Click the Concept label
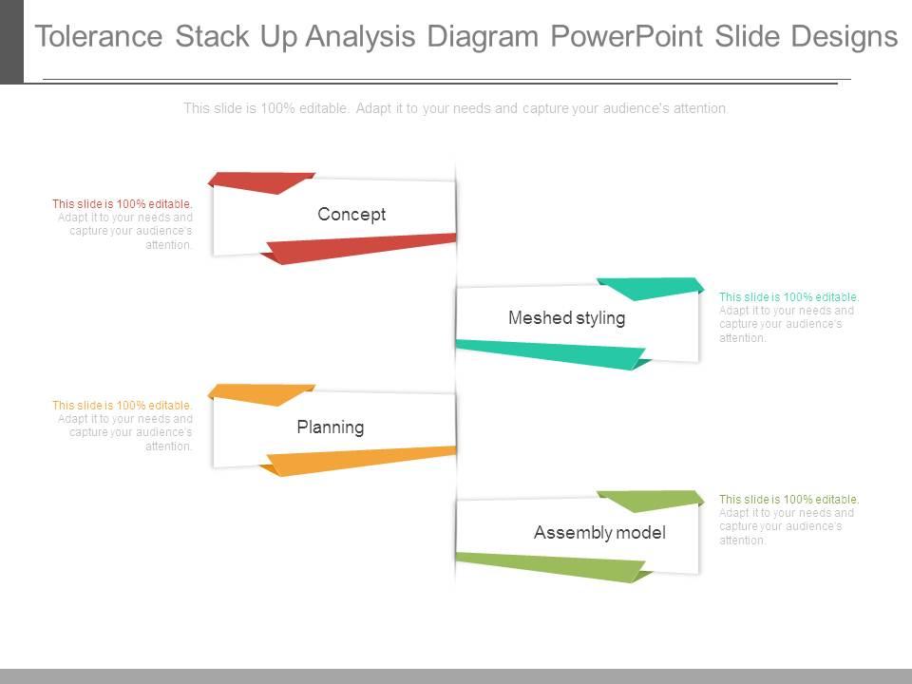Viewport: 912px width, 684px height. pyautogui.click(x=351, y=215)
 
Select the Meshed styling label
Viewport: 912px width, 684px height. pyautogui.click(x=566, y=318)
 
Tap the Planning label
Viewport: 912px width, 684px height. pyautogui.click(x=330, y=427)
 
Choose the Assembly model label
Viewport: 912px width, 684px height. pyautogui.click(x=599, y=533)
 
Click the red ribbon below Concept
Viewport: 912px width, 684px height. pyautogui.click(x=361, y=247)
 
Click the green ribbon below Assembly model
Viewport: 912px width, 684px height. pyautogui.click(x=551, y=567)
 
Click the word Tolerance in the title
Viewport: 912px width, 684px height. pyautogui.click(x=99, y=36)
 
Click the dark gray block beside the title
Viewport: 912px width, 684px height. pyautogui.click(x=11, y=41)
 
